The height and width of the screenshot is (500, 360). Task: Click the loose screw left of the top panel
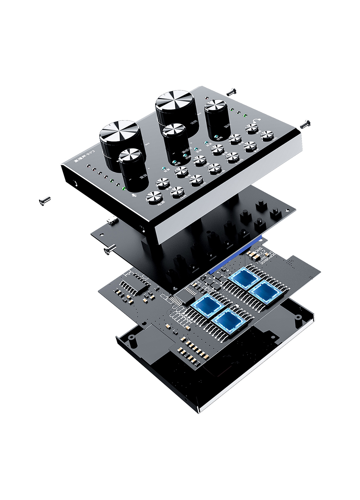click(45, 201)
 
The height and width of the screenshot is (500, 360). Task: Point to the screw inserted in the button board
click(108, 250)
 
